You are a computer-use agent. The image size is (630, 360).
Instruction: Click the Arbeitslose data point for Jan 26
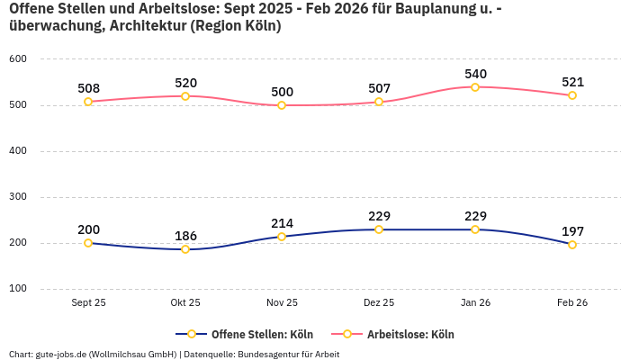coord(475,86)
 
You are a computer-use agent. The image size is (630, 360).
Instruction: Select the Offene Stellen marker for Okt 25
coord(185,249)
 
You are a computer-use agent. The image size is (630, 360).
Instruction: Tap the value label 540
coord(475,73)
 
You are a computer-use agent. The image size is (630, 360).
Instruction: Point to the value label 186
coord(185,236)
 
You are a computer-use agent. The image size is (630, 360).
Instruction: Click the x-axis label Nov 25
coord(282,303)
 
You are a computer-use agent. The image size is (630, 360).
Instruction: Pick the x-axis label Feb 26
coord(571,303)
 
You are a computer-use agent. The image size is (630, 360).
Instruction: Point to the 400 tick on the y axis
coord(19,150)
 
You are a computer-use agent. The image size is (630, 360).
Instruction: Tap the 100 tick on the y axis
coord(19,289)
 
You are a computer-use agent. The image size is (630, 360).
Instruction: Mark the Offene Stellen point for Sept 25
coord(88,243)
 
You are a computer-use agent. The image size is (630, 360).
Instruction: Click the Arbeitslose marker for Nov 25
coord(282,105)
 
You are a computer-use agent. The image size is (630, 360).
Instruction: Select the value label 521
coord(572,82)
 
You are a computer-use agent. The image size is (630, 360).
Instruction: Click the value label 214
coord(282,223)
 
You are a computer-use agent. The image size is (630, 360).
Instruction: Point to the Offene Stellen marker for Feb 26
coord(572,245)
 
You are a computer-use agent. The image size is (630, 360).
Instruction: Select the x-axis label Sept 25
coord(88,303)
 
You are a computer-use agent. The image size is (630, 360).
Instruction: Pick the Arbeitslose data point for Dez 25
coord(379,102)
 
